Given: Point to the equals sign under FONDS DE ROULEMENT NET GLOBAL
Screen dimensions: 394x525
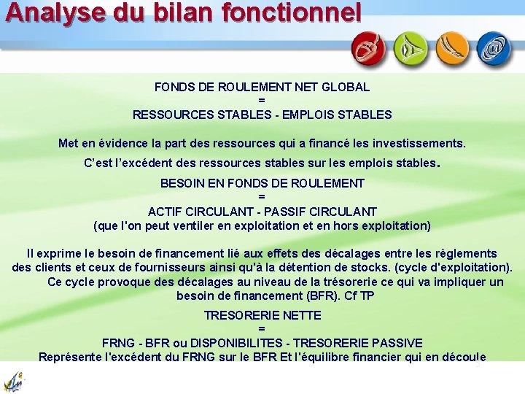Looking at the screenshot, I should click(262, 101).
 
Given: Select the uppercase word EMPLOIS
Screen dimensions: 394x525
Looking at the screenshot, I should click(316, 115).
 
